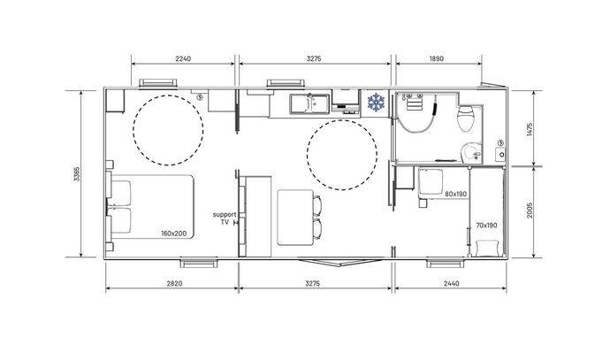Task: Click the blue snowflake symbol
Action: pyautogui.click(x=376, y=103)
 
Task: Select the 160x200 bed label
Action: pyautogui.click(x=174, y=234)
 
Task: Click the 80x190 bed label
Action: pyautogui.click(x=456, y=194)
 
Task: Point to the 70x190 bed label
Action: pyautogui.click(x=486, y=226)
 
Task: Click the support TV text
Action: pyautogui.click(x=225, y=218)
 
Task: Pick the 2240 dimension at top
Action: pyautogui.click(x=183, y=58)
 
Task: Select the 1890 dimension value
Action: pyautogui.click(x=437, y=58)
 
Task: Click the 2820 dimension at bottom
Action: pyautogui.click(x=174, y=283)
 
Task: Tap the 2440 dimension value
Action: pyautogui.click(x=451, y=283)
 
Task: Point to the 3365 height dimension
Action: pyautogui.click(x=76, y=174)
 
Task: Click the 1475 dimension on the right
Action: pyautogui.click(x=529, y=129)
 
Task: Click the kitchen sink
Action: pyautogui.click(x=309, y=103)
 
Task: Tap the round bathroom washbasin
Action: pyautogui.click(x=471, y=153)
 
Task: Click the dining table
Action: pyautogui.click(x=295, y=218)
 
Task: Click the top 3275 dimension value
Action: pyautogui.click(x=314, y=58)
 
